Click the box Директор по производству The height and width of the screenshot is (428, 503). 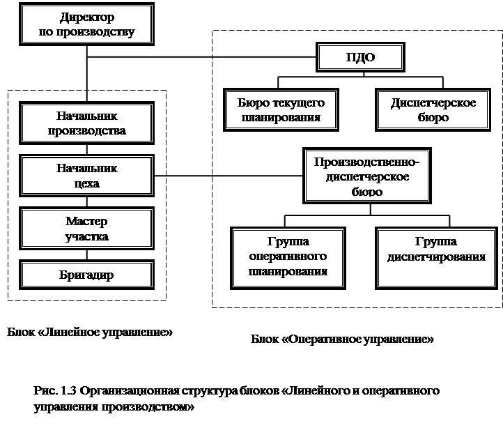pos(86,24)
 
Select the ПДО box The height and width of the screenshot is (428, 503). pos(360,57)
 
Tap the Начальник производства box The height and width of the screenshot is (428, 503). pos(86,123)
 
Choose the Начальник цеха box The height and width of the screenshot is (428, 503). pos(86,176)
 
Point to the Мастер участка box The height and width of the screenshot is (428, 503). pos(86,228)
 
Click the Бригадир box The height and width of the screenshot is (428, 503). pos(86,275)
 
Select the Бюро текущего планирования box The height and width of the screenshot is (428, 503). pos(281,110)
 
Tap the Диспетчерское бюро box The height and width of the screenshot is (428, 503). pos(433,110)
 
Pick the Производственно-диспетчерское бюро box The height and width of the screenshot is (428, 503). pos(367,176)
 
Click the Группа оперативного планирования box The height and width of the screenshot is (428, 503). pos(288,259)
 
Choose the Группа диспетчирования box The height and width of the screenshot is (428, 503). pos(436,259)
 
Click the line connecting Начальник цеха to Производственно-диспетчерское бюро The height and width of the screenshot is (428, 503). pos(229,176)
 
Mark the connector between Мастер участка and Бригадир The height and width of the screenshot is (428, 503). pos(87,255)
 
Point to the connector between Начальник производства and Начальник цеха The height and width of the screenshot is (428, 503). pos(87,150)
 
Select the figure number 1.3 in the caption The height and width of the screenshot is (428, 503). pos(68,391)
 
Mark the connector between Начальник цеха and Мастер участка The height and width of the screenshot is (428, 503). pos(87,202)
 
